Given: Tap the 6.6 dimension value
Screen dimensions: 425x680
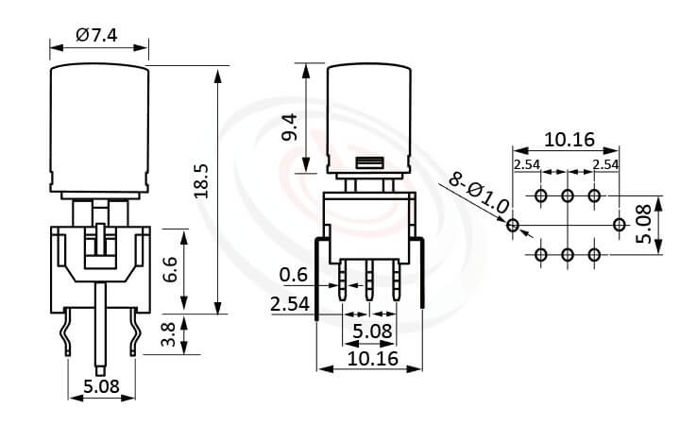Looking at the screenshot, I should coord(169,271).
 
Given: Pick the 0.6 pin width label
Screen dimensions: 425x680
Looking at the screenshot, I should coord(295,276).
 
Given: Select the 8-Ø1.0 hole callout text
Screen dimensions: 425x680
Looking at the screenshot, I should coord(479,192).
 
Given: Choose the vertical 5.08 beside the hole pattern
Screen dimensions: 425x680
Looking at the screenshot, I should coord(644,225).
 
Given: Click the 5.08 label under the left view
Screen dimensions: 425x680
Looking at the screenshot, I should coord(101,386).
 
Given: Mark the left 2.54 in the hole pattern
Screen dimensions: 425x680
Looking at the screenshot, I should coord(527,164).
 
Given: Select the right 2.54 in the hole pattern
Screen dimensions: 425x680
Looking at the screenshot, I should coord(605,164).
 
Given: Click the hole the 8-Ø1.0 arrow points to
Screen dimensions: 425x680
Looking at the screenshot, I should coord(513,225).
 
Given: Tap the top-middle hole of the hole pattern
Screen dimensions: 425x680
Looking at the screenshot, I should coord(568,196).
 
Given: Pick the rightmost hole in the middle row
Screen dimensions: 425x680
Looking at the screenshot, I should coord(620,225).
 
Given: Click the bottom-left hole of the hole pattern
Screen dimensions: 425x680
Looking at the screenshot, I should coord(541,255).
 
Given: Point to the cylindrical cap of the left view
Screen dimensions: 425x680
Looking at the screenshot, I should coord(100,123).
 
